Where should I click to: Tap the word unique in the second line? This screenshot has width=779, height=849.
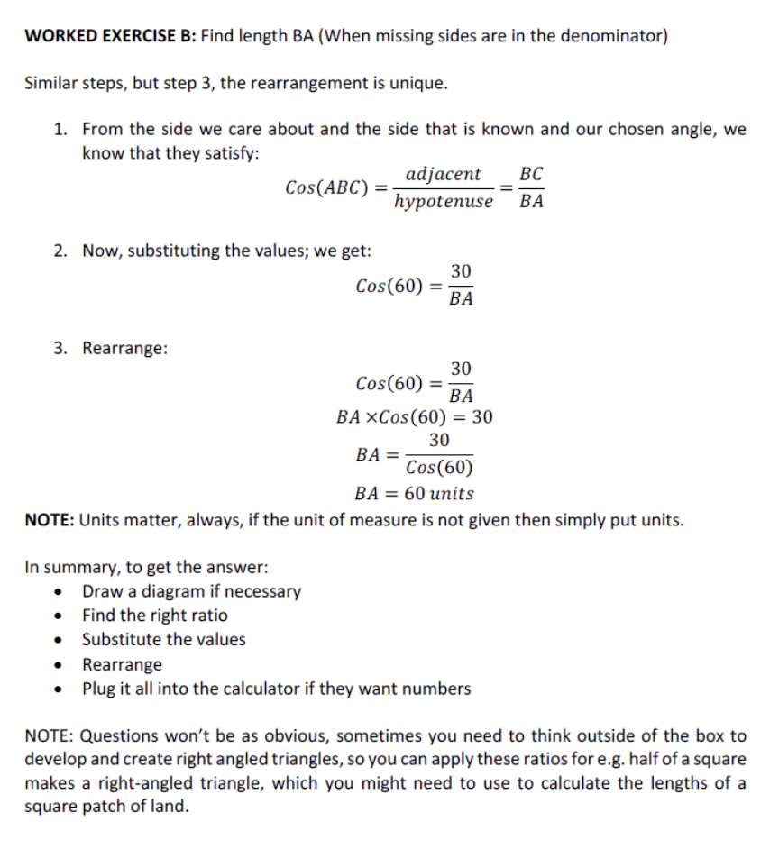point(417,84)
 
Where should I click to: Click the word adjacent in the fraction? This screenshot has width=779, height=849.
point(444,174)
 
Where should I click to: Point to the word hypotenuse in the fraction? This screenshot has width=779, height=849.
point(444,201)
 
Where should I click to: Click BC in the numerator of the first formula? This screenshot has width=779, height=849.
point(532,174)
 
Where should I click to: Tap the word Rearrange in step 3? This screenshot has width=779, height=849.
point(124,348)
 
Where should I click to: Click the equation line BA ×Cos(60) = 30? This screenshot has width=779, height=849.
point(414,417)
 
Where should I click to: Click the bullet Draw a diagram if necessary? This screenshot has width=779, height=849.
point(191,592)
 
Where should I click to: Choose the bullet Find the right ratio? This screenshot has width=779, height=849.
point(154,616)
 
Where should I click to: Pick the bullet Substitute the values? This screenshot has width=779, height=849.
point(163,640)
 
